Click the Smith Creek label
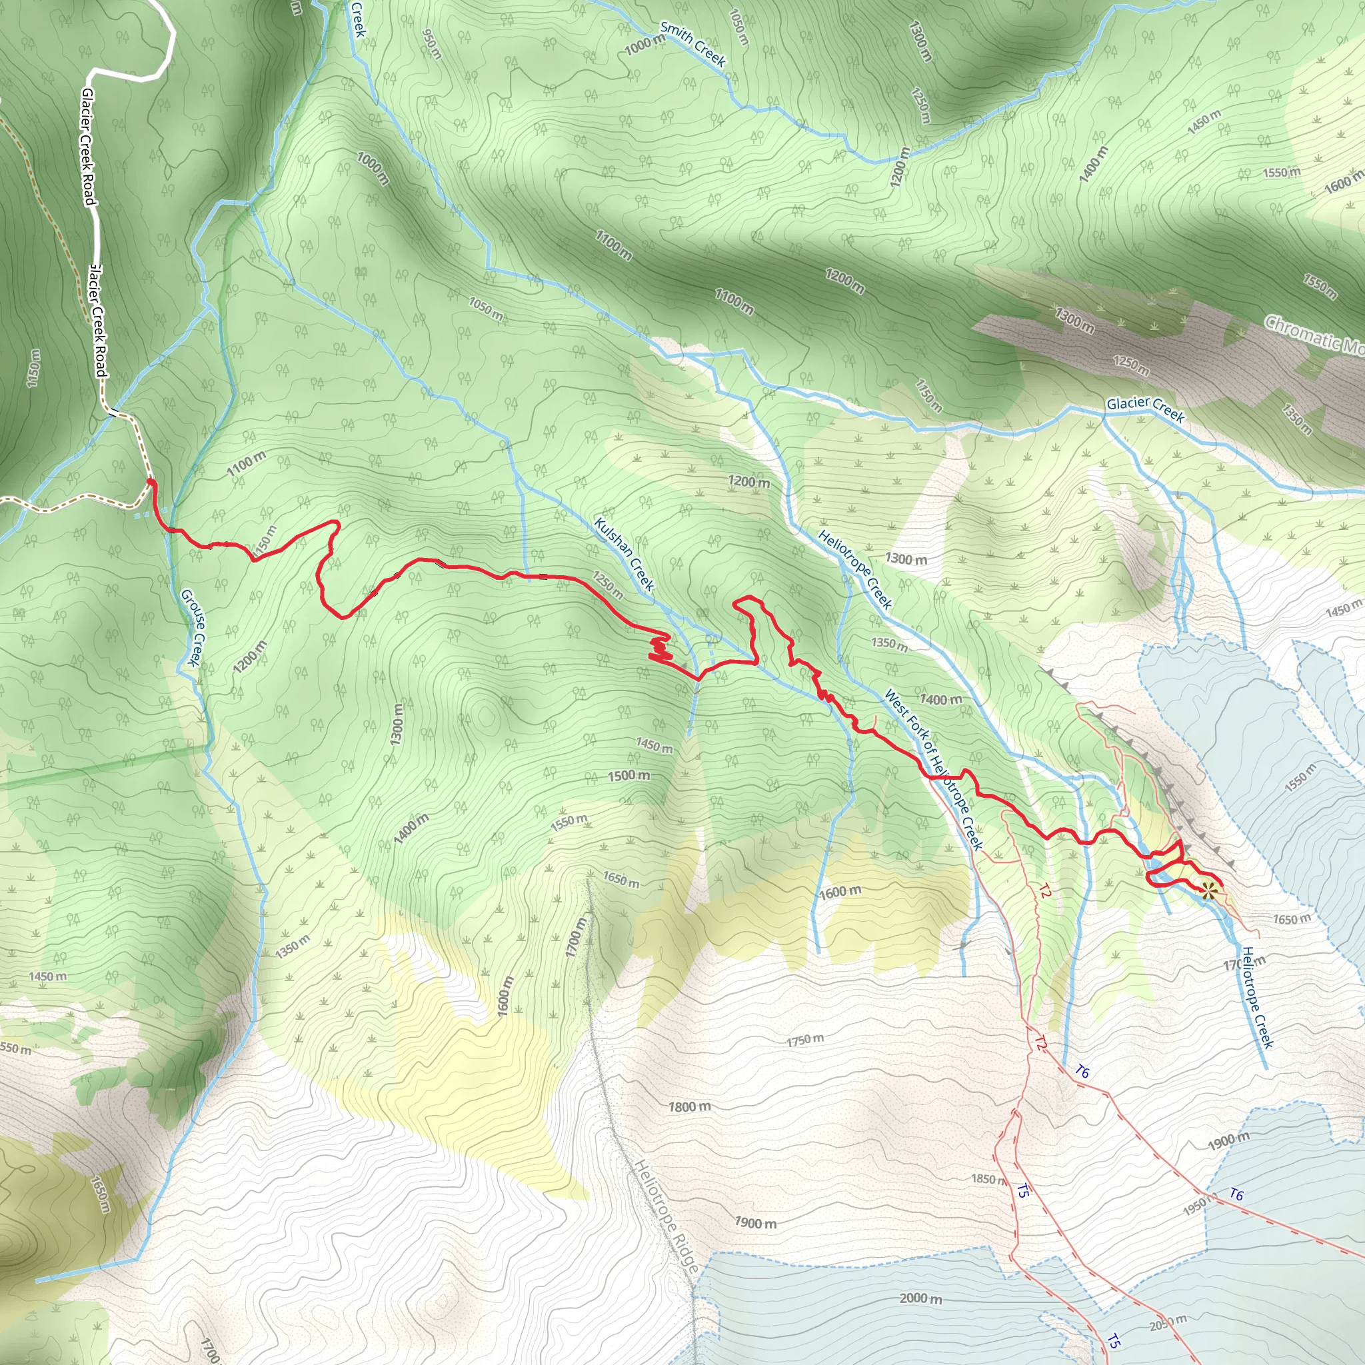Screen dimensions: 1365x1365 pos(692,44)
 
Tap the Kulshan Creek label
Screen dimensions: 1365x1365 pos(624,553)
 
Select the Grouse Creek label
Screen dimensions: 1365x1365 pos(193,627)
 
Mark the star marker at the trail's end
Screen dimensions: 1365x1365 pos(1208,890)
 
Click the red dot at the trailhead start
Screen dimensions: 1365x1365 pos(150,482)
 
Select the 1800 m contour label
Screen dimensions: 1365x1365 pos(690,1106)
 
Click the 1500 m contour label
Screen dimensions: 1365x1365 pos(628,775)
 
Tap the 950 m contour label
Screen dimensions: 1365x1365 pos(431,44)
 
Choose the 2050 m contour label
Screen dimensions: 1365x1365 pos(1168,1322)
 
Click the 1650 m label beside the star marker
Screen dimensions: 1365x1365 pos(1291,918)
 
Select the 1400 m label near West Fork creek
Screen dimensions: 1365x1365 pos(940,699)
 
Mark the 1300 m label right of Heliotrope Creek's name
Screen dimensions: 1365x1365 pos(906,559)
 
